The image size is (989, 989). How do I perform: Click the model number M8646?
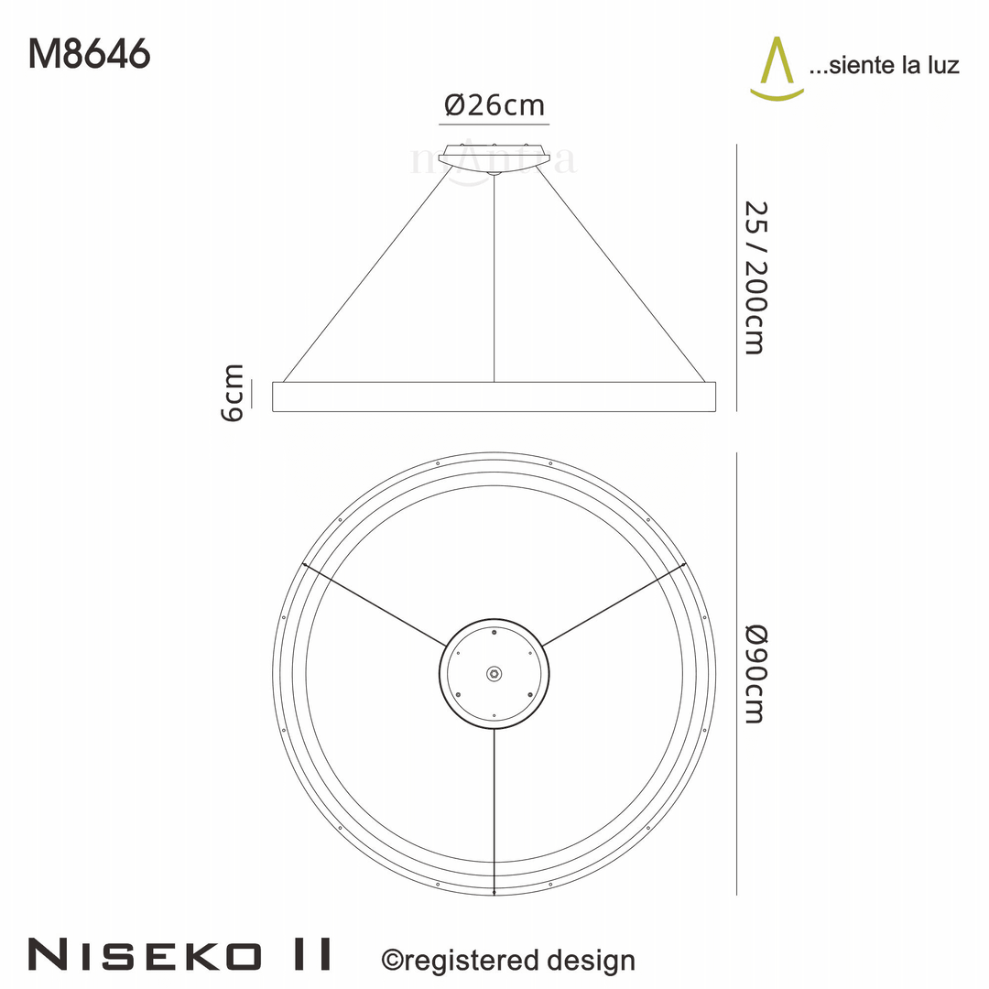pos(89,54)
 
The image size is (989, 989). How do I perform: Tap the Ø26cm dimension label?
pos(494,105)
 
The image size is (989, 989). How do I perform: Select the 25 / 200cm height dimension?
pos(753,277)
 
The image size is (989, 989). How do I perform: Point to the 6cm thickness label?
pos(234,393)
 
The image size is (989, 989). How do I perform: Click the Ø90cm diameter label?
pos(753,673)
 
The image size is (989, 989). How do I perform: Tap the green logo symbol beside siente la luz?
pos(777,68)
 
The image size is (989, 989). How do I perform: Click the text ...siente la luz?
pos(884,65)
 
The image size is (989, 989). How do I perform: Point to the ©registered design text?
pos(507,960)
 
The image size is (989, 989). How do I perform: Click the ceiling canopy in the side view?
pos(494,157)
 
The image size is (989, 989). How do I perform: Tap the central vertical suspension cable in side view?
pos(494,275)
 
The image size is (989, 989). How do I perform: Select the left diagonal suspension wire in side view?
pos(366,275)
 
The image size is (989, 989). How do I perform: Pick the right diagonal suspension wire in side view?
pos(623,275)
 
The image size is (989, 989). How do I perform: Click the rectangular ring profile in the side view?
pos(494,397)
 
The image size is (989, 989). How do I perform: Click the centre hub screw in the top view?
pos(494,673)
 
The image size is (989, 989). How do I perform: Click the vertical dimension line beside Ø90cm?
pos(737,673)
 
